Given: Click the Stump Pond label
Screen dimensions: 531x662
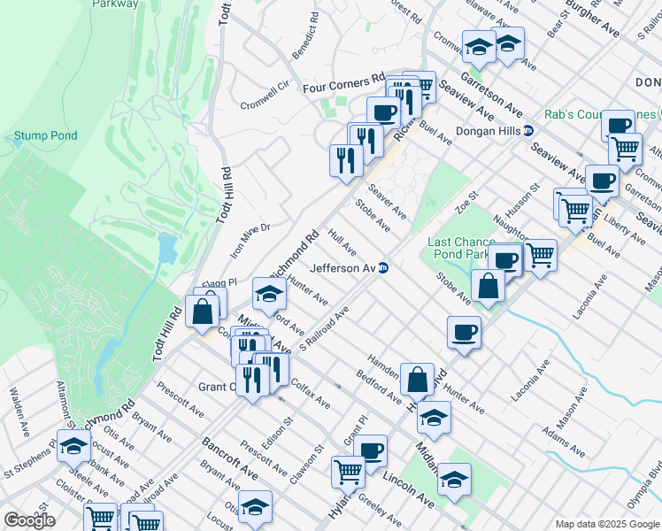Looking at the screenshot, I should tap(45, 136).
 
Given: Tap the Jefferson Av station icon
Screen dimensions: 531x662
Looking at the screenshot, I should tap(383, 268).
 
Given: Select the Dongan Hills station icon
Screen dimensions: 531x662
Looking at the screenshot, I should tap(528, 130).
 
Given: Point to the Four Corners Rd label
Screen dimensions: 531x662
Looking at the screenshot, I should tap(343, 87).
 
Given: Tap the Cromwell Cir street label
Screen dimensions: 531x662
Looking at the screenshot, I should tap(265, 98).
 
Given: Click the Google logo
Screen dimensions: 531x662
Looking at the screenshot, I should tap(29, 520).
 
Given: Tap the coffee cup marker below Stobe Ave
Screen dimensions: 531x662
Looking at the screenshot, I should tap(464, 333).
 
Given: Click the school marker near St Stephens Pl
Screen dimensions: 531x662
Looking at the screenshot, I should tap(73, 446).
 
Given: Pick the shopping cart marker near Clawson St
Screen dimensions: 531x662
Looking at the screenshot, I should tap(348, 472).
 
